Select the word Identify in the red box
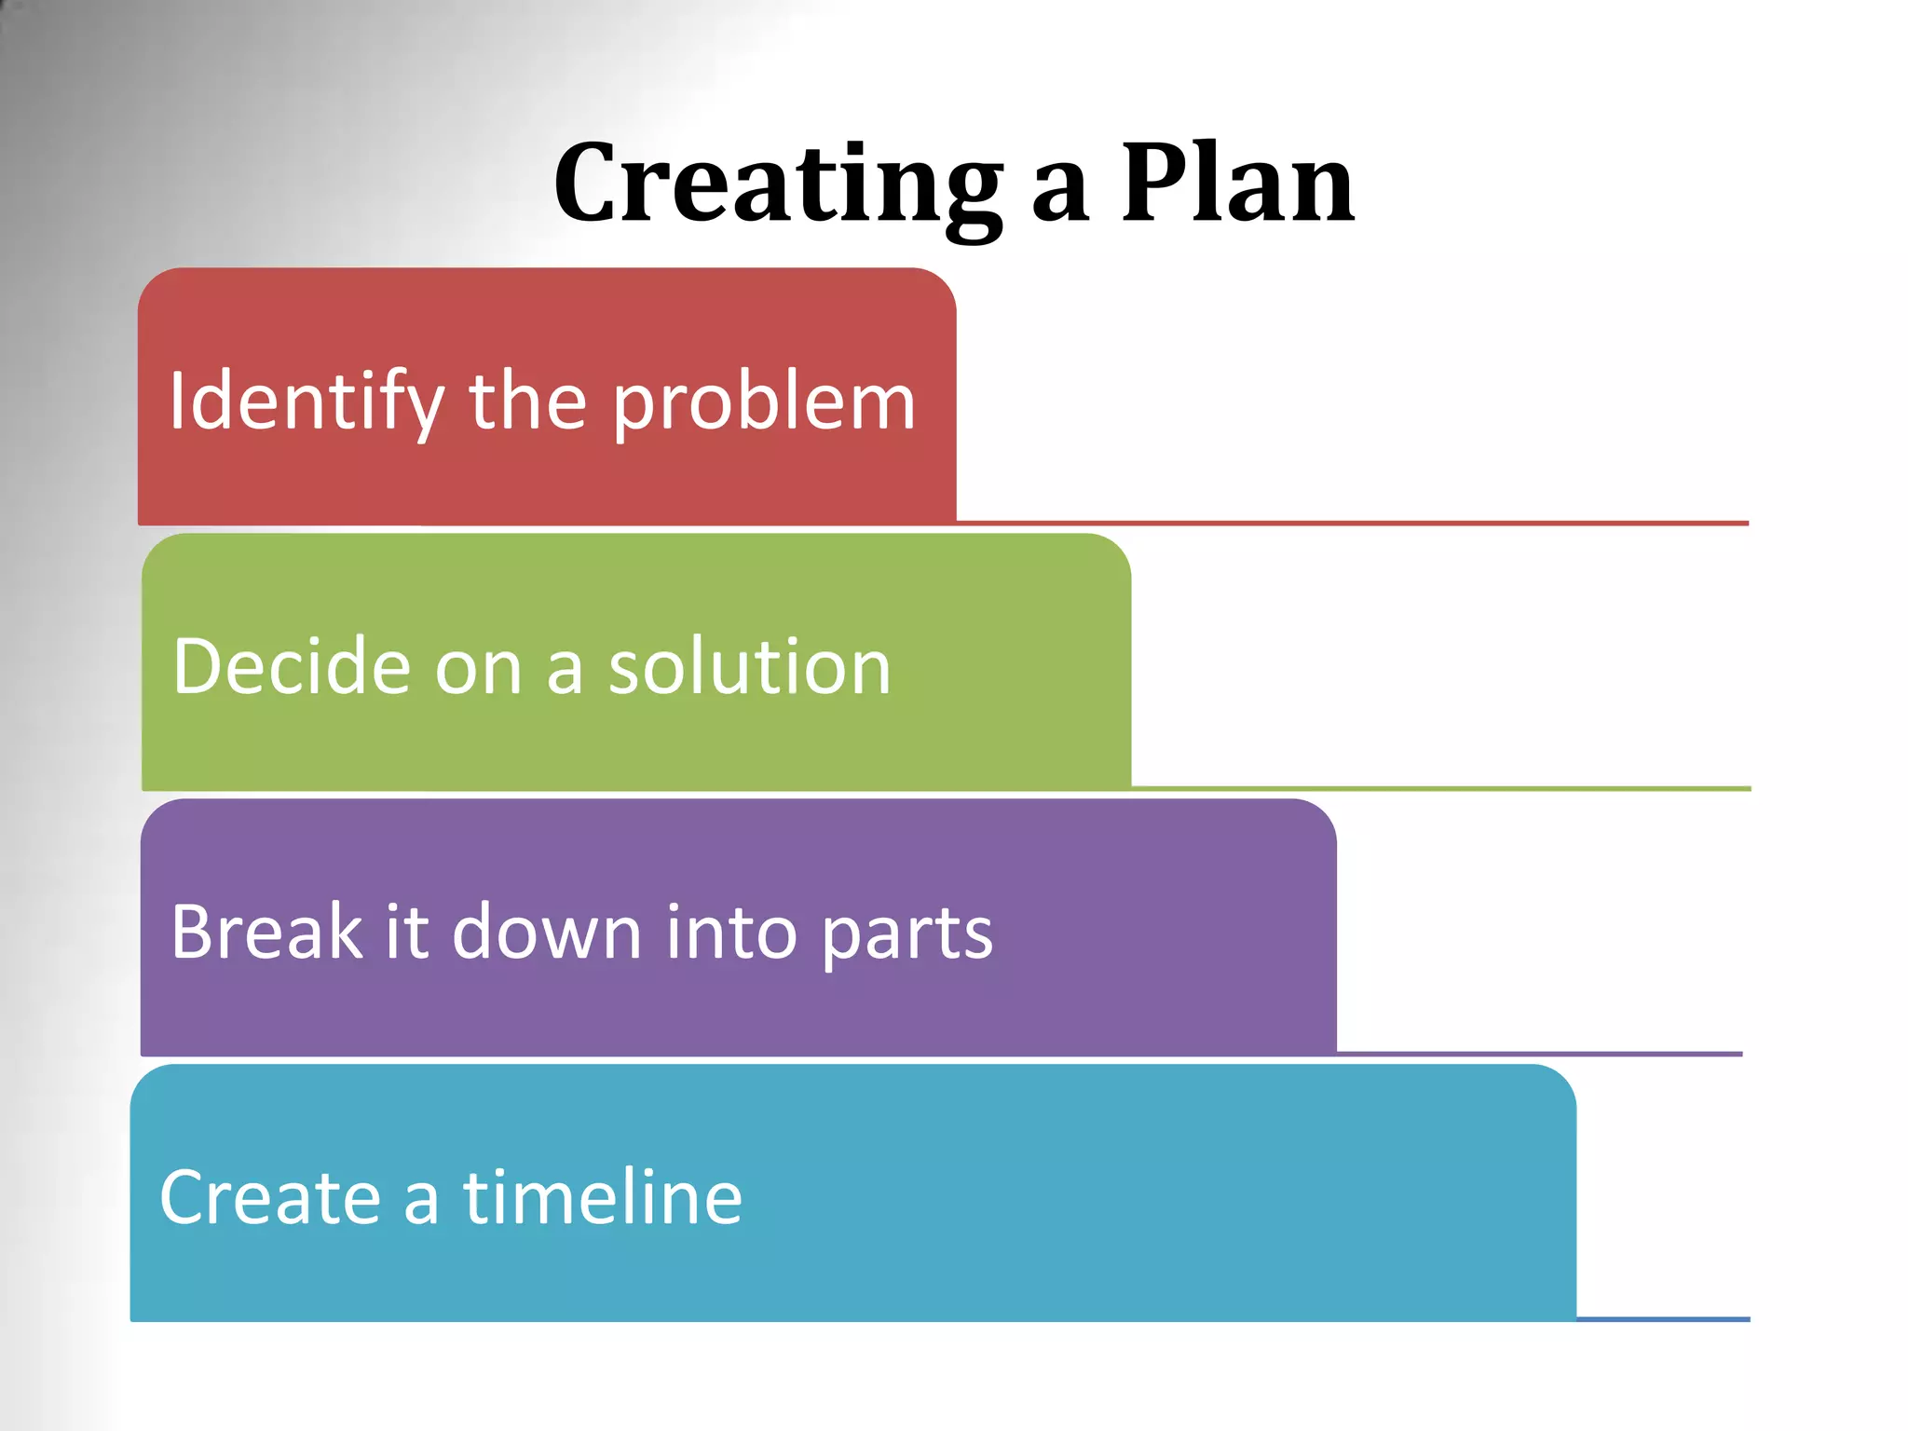[307, 402]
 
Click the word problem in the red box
[764, 402]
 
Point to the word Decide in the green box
[292, 667]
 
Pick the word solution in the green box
[750, 667]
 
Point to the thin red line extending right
[1351, 524]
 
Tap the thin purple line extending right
[1537, 1054]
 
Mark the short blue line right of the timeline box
[1663, 1319]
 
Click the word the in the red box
[527, 402]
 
